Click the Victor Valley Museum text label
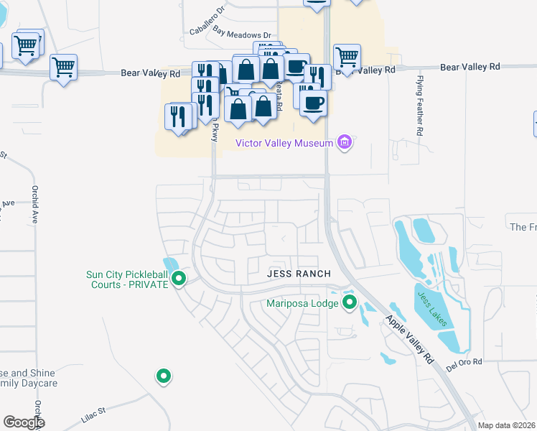coord(284,143)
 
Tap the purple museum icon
coord(345,143)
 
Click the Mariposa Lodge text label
coord(302,303)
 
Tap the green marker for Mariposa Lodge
coord(350,302)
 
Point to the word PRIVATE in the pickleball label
coord(148,284)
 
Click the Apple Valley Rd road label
coord(410,338)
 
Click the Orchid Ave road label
coord(34,205)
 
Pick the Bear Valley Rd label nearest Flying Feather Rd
coord(470,67)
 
